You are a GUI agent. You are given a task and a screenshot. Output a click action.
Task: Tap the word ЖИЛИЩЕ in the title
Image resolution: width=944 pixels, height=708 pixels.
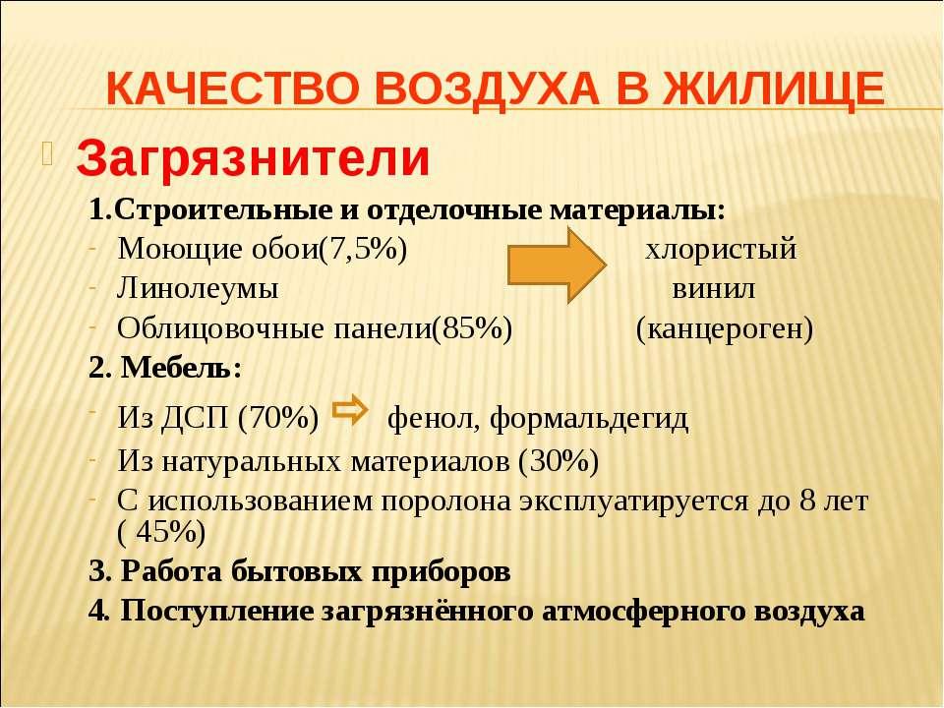(x=774, y=89)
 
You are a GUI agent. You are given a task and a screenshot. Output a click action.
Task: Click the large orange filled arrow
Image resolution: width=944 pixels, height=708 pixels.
(x=557, y=265)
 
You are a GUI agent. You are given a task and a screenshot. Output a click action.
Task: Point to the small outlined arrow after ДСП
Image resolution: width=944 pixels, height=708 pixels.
(x=350, y=410)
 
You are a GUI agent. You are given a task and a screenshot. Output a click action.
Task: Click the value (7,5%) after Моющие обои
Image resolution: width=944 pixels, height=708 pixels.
(x=363, y=249)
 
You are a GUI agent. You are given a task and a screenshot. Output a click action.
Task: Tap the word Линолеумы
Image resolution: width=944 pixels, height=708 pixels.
(x=198, y=288)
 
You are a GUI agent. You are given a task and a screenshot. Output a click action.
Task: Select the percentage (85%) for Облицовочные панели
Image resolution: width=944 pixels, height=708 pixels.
(x=472, y=328)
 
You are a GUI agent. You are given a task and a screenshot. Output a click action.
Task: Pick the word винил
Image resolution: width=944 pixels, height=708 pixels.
(x=714, y=289)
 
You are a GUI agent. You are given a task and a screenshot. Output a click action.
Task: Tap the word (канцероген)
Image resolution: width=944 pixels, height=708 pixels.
(x=725, y=329)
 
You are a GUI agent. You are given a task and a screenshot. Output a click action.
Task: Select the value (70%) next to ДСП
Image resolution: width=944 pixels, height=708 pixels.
(x=278, y=418)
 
